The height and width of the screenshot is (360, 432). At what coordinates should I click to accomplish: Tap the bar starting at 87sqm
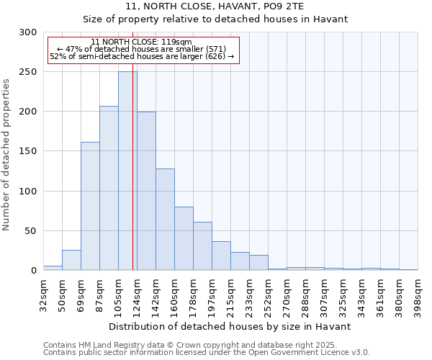tap(109, 188)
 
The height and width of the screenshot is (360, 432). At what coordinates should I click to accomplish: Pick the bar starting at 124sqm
tap(146, 191)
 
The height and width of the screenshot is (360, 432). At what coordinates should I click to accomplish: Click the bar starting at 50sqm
tap(71, 260)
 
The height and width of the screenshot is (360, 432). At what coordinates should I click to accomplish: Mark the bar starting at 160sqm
tap(184, 238)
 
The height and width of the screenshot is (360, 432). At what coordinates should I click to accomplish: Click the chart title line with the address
tap(215, 6)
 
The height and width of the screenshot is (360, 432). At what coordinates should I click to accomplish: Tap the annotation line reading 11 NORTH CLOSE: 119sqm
tap(142, 42)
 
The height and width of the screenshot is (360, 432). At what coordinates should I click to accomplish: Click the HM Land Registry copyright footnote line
tap(189, 345)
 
